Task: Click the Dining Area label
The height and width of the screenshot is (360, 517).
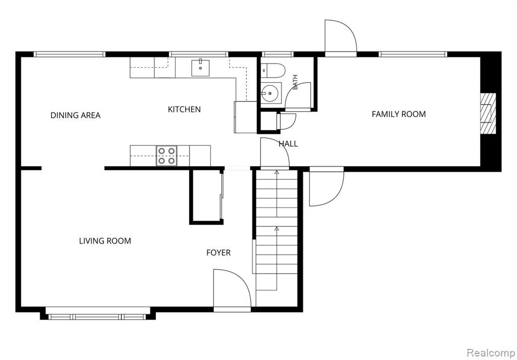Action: click(x=76, y=115)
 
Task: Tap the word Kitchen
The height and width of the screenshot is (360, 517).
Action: click(x=184, y=109)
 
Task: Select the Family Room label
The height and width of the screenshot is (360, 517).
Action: click(x=399, y=114)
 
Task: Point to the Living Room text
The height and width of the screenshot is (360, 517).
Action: click(x=105, y=241)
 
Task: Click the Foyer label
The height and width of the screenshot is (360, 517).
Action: click(x=218, y=252)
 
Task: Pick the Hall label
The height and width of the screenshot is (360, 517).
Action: click(x=288, y=144)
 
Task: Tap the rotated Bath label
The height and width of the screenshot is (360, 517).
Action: click(x=295, y=82)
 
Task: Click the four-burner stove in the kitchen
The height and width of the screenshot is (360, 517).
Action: click(x=167, y=156)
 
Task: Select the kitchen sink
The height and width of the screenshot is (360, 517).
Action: click(x=200, y=68)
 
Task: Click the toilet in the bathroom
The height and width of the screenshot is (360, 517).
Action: click(x=273, y=71)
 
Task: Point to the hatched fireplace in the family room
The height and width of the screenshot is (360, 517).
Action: click(x=488, y=114)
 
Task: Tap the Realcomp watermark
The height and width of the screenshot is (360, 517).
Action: click(x=491, y=353)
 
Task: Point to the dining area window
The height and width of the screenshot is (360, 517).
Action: click(x=69, y=55)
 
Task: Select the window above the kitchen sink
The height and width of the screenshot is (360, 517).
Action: click(x=199, y=55)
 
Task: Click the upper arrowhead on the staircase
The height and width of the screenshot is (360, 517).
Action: click(x=277, y=172)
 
